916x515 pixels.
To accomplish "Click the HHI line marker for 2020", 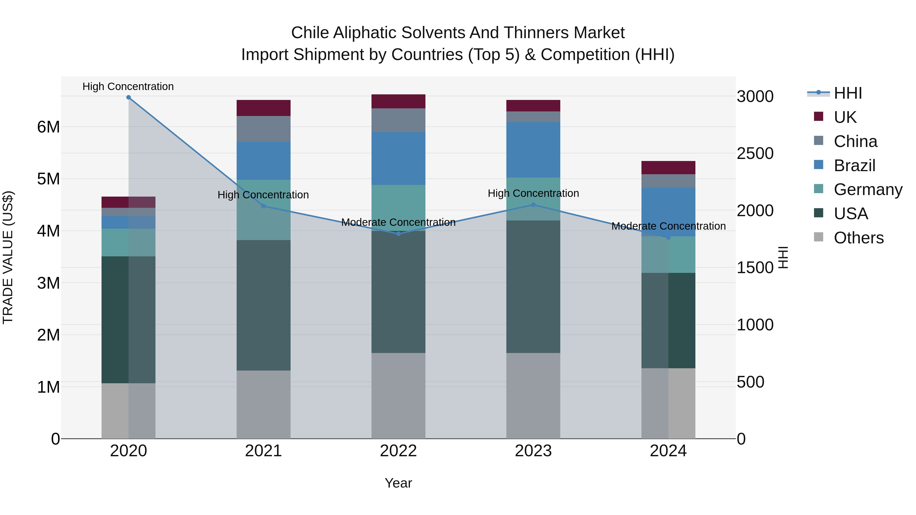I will [x=128, y=97].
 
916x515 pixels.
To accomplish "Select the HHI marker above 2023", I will [x=533, y=205].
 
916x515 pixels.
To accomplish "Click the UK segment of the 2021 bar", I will [x=264, y=108].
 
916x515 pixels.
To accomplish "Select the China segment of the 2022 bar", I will [x=398, y=120].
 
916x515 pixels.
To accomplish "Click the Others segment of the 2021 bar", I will [x=264, y=404].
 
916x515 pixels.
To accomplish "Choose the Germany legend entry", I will [x=868, y=189].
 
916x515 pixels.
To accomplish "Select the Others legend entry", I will [x=858, y=238].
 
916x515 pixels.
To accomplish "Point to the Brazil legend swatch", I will [x=819, y=165].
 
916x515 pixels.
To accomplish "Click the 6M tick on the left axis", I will [x=49, y=127].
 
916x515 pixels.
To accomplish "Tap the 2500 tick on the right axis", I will [x=755, y=154].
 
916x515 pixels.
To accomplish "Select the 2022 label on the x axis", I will [x=398, y=451].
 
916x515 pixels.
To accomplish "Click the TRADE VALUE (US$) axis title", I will [x=8, y=257].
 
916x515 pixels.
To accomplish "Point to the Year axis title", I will [x=398, y=483].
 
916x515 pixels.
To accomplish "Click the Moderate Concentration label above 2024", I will [x=668, y=226].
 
